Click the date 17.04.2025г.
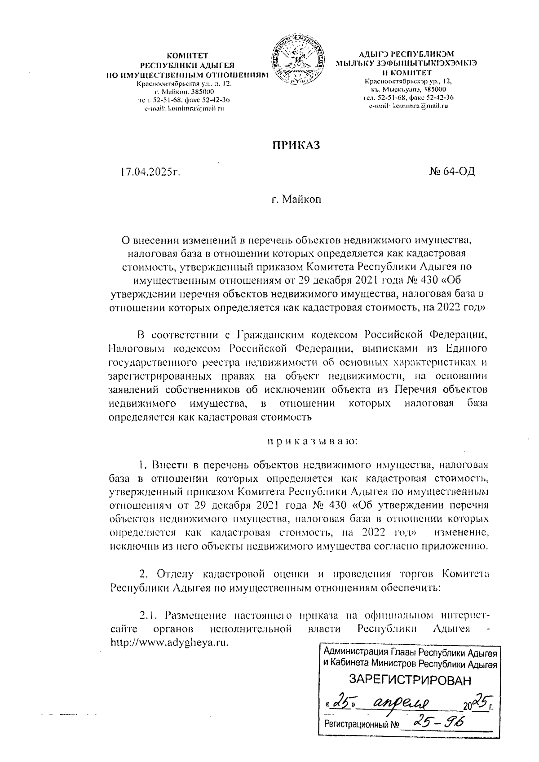pyautogui.click(x=150, y=172)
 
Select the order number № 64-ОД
pyautogui.click(x=452, y=172)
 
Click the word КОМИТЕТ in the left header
pyautogui.click(x=187, y=56)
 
